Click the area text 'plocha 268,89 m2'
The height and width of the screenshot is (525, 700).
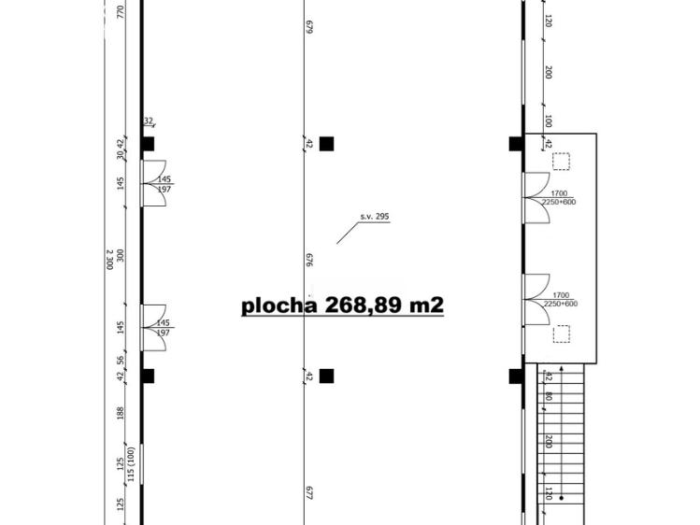[342, 305]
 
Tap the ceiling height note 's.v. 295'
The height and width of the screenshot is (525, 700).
[375, 217]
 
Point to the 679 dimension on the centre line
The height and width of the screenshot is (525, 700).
[309, 27]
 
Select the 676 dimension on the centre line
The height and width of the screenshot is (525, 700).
[309, 260]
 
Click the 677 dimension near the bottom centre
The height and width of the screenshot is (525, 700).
[309, 492]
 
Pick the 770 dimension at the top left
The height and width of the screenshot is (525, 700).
[120, 11]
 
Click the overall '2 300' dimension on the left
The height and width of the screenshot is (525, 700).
[109, 260]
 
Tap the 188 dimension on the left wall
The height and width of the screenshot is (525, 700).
[120, 413]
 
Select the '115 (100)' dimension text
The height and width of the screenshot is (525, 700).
[130, 464]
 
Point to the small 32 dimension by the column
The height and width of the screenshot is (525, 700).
[149, 121]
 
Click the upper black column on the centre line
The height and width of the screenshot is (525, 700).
[326, 144]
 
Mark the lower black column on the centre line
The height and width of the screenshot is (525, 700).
[326, 376]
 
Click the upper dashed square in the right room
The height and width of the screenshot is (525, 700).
[561, 161]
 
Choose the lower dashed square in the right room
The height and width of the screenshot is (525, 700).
[562, 333]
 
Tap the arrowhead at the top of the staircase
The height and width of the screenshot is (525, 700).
[562, 368]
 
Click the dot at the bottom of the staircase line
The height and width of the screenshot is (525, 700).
[562, 498]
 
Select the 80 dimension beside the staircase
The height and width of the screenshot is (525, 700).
[549, 396]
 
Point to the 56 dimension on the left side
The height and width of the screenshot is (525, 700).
[120, 361]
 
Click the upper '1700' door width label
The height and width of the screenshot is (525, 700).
[559, 193]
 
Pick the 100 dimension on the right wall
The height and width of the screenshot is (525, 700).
[549, 121]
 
